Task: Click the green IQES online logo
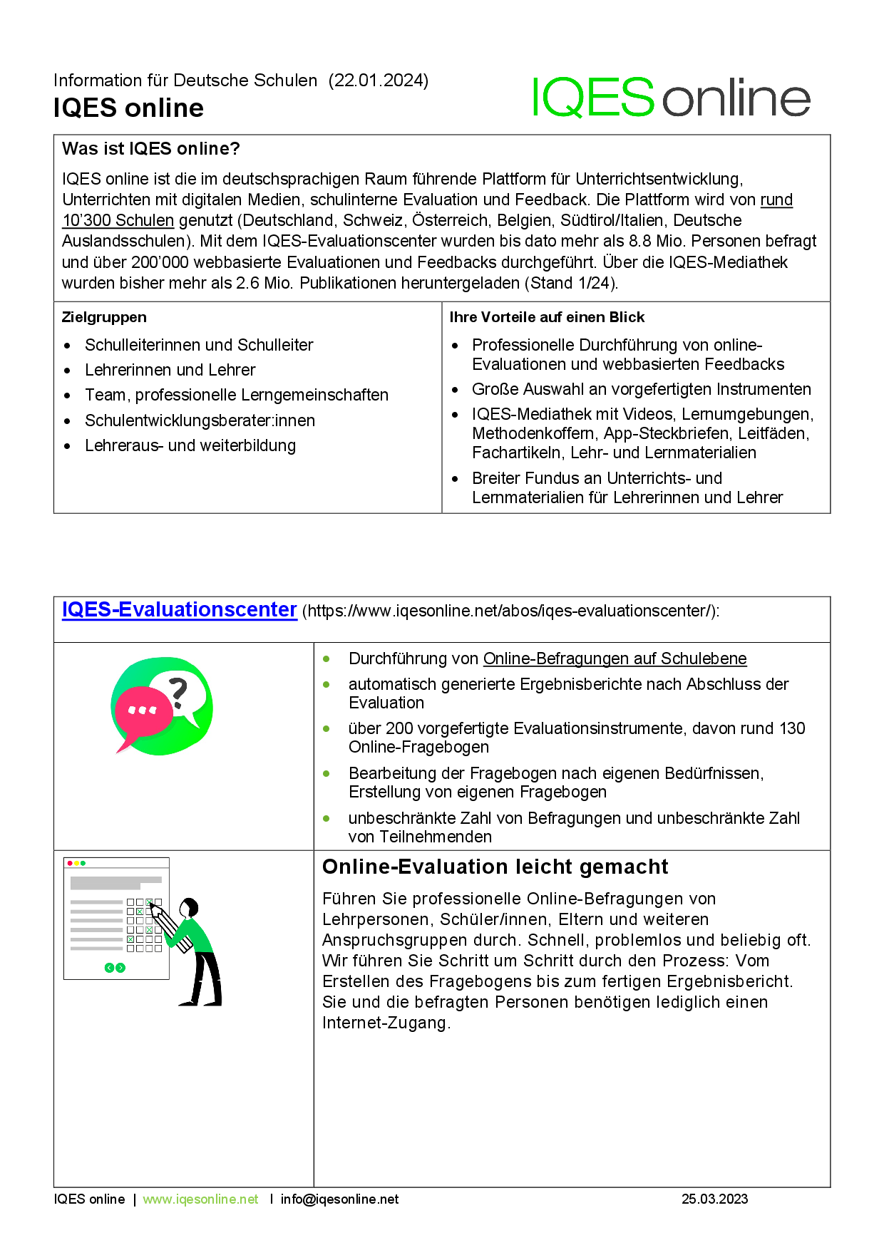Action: click(670, 98)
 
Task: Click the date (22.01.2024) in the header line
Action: click(379, 81)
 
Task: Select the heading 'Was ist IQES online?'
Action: click(151, 149)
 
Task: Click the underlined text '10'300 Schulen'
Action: click(118, 221)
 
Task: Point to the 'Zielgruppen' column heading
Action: click(104, 317)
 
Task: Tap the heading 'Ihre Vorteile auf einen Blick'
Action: click(547, 317)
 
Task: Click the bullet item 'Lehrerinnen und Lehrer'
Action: click(170, 370)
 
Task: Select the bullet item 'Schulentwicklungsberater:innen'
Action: click(200, 420)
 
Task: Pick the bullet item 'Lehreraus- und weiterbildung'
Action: click(190, 445)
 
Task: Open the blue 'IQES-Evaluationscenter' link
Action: click(179, 610)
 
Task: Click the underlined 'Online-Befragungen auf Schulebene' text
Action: click(615, 658)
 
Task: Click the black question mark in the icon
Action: click(178, 691)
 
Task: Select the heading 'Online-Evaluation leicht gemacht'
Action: click(495, 867)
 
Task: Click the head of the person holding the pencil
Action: click(190, 908)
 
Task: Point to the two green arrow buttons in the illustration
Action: click(115, 967)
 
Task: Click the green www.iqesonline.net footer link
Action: click(200, 1199)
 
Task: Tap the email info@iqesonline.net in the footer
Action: click(339, 1199)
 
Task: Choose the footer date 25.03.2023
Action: click(714, 1199)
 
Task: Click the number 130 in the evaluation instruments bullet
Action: click(792, 728)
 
